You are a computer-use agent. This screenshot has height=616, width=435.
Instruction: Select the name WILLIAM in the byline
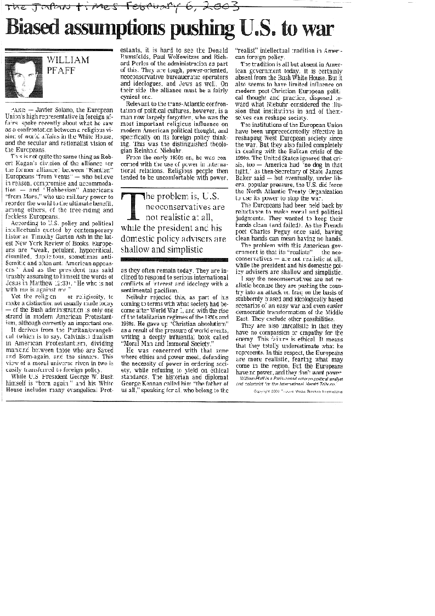pyautogui.click(x=68, y=60)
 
